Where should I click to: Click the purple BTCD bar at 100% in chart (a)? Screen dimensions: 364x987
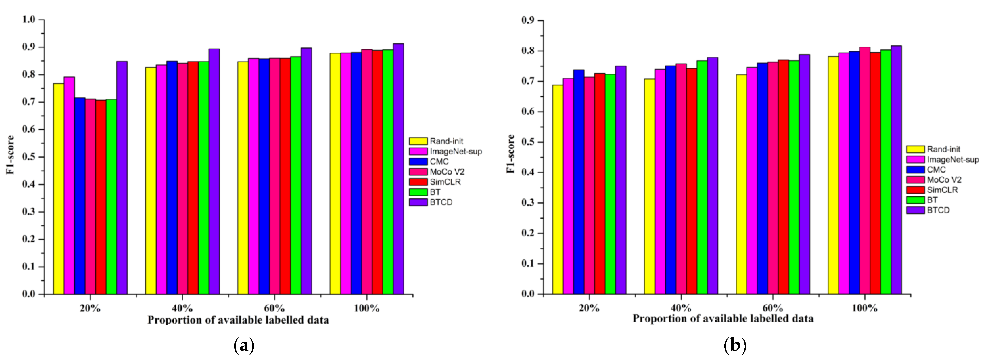[x=398, y=169]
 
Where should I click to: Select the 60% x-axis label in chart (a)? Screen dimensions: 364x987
[x=274, y=308]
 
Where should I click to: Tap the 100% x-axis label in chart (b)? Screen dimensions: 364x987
[x=865, y=308]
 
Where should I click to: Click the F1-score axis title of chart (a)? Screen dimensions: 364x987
[x=10, y=155]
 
